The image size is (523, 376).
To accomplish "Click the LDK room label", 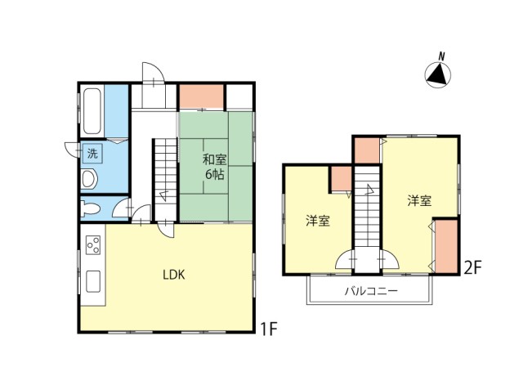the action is [174, 275].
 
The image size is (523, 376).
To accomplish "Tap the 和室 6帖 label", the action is [214, 167].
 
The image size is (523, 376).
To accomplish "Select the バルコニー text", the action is [371, 291].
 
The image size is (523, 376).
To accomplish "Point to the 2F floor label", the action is [473, 268].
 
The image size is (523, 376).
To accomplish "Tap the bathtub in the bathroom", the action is [92, 111].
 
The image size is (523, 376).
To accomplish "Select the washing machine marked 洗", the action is [92, 153].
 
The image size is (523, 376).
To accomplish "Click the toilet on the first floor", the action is [90, 209].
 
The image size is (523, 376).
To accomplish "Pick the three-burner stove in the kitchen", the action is [93, 245].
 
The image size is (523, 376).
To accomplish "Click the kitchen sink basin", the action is [93, 281].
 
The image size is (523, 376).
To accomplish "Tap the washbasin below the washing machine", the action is [89, 179].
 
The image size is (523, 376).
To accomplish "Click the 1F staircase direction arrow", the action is [163, 195].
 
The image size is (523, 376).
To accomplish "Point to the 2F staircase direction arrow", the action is [369, 190].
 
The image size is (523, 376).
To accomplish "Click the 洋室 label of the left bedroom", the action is [318, 221].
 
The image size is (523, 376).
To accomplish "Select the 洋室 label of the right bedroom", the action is [419, 201].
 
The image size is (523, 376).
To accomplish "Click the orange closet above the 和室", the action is [202, 96].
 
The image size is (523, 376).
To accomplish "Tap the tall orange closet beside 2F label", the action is [446, 245].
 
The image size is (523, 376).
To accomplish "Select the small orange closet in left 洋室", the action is [341, 179].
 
